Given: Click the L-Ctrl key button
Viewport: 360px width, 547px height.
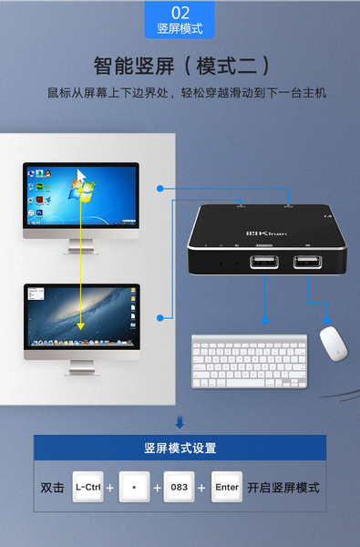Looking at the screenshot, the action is pos(87,487).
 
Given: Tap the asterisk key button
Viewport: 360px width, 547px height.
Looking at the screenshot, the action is pos(134,487).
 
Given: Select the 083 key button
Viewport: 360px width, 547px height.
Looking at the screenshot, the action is pos(179,487).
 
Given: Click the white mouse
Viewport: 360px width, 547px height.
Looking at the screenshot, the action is pos(334,344).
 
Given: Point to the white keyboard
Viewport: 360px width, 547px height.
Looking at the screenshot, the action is pos(250,361).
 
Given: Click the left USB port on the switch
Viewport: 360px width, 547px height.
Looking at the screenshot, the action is pos(264,262).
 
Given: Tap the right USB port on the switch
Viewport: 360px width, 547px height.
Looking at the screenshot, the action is pos(307,262).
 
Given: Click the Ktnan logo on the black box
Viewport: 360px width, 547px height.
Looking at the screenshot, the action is pos(267,232).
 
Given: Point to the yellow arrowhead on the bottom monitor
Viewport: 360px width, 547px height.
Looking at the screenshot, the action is pos(80,325).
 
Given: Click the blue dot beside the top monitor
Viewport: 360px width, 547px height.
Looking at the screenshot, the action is pos(160,189).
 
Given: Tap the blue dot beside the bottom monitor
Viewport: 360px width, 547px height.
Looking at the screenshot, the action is pos(160,318).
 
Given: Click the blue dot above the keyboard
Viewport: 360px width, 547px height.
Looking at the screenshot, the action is pos(265,321).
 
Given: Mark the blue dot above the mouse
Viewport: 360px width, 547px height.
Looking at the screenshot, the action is pos(327,321).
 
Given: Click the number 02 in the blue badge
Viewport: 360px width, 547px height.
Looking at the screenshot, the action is pos(180,13).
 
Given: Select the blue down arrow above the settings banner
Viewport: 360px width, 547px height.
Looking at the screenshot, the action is pos(180,422).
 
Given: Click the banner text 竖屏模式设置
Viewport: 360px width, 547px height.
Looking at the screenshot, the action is pos(180,448).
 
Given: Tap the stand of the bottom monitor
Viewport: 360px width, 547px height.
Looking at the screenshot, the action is pos(82,367).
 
